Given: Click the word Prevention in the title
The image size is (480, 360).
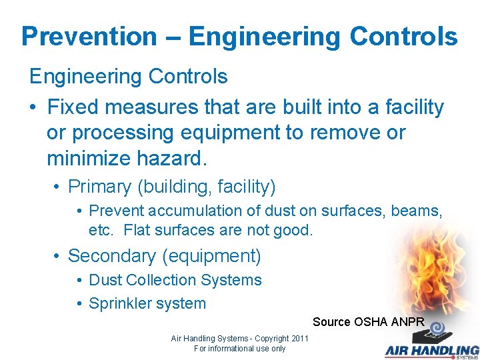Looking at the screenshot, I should [89, 37].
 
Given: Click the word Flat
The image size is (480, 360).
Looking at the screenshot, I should [137, 231].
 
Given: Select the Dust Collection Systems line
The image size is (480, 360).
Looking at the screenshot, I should [175, 280].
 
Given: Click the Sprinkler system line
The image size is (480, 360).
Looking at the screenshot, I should [147, 303].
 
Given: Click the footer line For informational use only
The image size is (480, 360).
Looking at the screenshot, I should [239, 349].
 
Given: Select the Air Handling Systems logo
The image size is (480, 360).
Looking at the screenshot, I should [431, 343].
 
